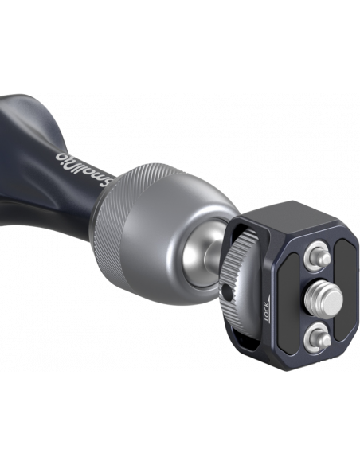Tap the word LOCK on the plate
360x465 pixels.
[267, 312]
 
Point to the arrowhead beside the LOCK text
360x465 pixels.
[269, 298]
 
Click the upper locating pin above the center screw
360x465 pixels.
[319, 256]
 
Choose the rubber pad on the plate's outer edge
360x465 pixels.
[346, 291]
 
